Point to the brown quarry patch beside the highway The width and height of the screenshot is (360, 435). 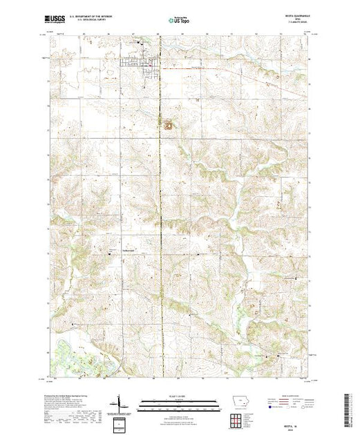[x=168, y=125]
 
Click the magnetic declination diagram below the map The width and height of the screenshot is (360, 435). [x=121, y=402]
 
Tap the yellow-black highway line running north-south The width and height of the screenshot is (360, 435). [x=161, y=207]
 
